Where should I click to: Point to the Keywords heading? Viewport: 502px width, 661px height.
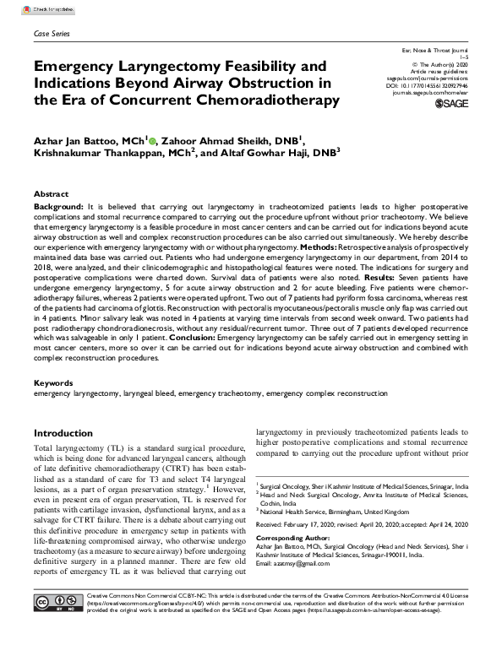coord(53,383)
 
